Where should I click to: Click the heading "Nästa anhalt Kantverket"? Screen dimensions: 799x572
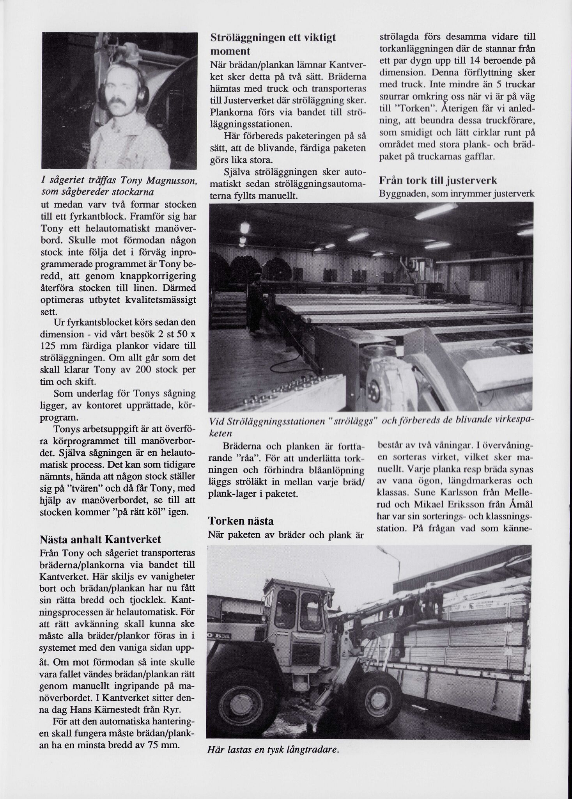point(100,540)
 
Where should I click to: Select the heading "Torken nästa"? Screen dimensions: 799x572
point(241,521)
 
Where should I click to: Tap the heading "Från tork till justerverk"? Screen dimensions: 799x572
point(438,181)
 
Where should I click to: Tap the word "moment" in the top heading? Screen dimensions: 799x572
point(230,51)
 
